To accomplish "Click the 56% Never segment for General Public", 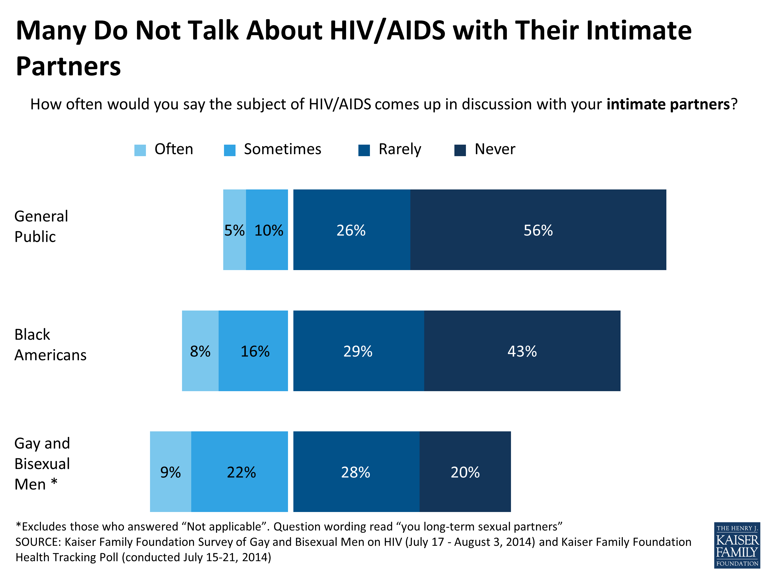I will [538, 230].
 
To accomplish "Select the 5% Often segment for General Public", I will [234, 230].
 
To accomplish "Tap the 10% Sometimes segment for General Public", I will [267, 230].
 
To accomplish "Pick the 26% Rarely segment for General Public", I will [351, 230].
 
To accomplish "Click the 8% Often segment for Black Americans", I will [200, 351].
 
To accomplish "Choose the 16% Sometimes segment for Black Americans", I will [253, 351].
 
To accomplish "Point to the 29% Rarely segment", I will [358, 351].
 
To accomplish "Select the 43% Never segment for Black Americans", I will [522, 351].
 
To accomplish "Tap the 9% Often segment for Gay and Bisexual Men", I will [170, 472].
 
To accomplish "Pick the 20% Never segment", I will [465, 472].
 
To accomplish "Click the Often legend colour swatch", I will [140, 150].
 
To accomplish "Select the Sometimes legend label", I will [282, 149].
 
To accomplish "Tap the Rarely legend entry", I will [399, 149].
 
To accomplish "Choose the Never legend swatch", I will [460, 150].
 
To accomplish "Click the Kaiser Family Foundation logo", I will [737, 545].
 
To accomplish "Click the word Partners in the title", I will [68, 66].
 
